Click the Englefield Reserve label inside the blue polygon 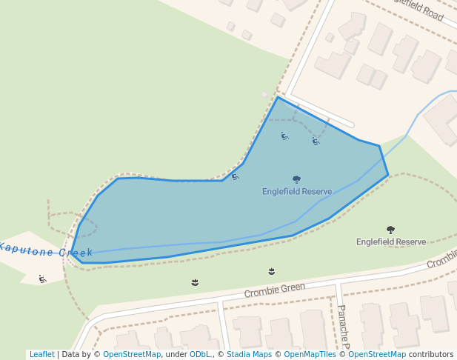(297, 192)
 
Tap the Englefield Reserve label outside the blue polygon (390, 242)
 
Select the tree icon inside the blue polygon (297, 179)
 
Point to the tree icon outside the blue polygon (390, 230)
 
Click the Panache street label (343, 326)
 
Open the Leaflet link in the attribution (41, 355)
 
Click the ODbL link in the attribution (201, 355)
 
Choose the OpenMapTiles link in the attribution (305, 355)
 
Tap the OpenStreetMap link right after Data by (132, 355)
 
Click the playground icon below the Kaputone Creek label (42, 279)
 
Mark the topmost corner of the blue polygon (278, 97)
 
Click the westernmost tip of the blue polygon (71, 253)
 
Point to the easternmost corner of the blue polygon (388, 175)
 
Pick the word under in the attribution (176, 355)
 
